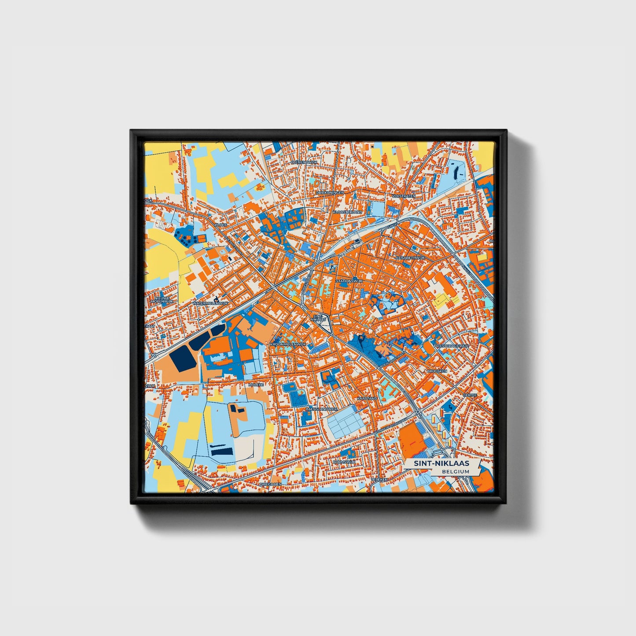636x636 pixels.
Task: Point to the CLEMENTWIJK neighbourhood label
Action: click(x=304, y=162)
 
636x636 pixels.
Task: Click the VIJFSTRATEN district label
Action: click(x=404, y=196)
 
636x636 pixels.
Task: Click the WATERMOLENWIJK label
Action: click(x=210, y=304)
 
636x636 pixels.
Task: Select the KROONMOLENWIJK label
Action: click(x=287, y=344)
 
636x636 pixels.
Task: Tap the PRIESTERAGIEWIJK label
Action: click(x=452, y=346)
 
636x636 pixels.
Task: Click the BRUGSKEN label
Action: click(x=437, y=371)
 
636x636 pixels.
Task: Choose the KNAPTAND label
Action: click(x=367, y=398)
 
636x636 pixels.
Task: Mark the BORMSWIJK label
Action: click(x=344, y=462)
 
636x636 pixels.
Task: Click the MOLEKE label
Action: click(x=256, y=385)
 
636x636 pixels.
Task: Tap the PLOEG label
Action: click(x=221, y=224)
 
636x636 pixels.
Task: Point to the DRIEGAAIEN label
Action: click(x=270, y=484)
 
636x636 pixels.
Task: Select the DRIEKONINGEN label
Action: click(x=330, y=192)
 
